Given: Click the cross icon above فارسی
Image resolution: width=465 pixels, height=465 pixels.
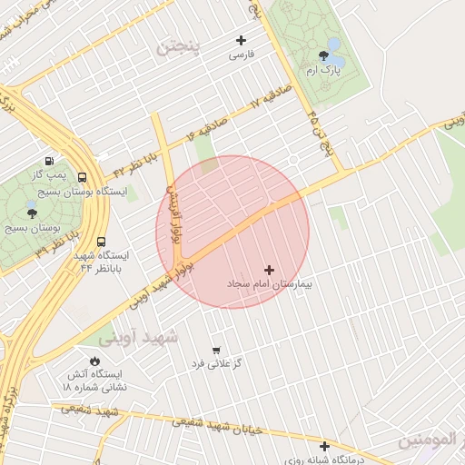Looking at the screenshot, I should tap(241, 40).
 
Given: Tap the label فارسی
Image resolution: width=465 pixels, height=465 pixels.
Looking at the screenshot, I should tap(241, 55).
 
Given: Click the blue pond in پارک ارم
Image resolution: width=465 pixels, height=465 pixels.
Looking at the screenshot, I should tap(333, 44).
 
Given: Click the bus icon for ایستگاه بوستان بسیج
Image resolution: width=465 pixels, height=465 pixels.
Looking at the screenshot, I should tap(83, 178).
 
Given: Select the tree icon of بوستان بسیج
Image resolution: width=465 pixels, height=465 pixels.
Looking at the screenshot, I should tap(33, 213).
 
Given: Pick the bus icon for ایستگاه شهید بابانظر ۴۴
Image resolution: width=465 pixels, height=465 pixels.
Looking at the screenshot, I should tap(100, 242).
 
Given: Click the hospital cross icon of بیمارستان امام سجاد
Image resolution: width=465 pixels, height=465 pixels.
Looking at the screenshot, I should tap(268, 270).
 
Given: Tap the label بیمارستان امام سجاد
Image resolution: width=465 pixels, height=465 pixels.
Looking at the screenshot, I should tap(268, 285).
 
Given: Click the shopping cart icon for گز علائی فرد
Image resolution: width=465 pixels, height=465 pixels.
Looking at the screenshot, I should tap(215, 350).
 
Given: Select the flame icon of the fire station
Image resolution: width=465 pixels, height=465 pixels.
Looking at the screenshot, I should tap(94, 361).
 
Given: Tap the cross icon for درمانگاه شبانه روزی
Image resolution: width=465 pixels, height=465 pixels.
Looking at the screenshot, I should tap(324, 446).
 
